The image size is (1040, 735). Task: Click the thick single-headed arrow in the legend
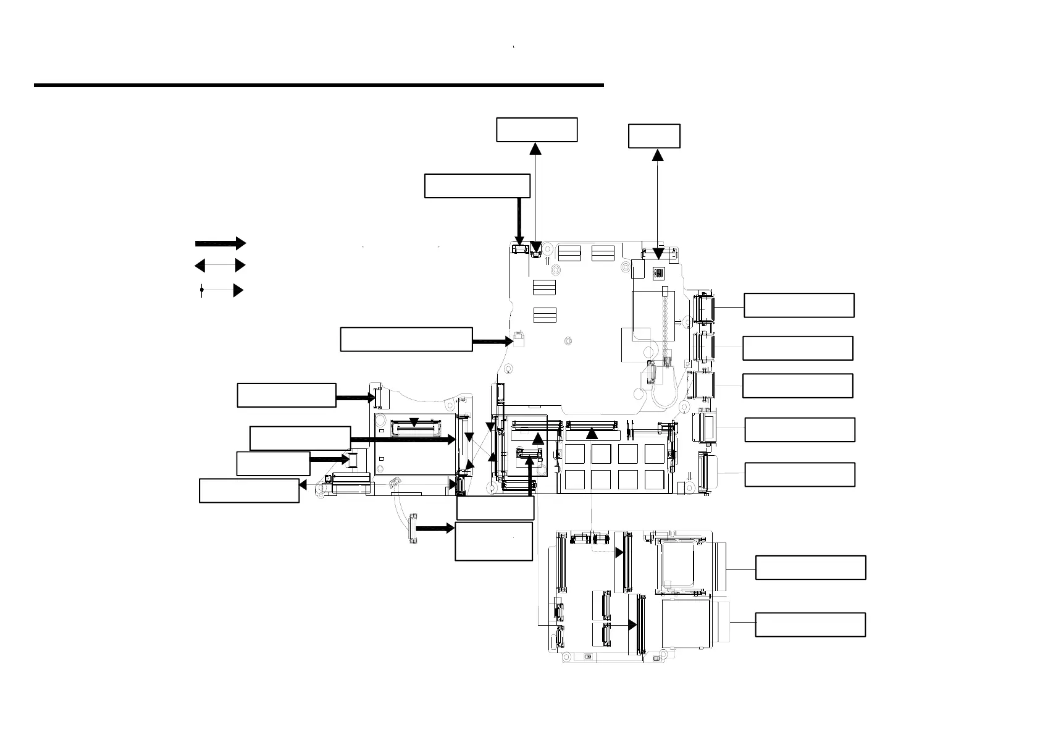220,243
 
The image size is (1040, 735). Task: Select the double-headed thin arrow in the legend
220,266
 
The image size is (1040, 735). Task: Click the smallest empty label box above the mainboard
654,136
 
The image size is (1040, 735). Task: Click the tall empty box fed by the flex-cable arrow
493,541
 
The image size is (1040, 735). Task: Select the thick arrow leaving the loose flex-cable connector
435,529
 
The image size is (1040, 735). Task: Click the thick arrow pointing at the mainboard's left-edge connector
492,340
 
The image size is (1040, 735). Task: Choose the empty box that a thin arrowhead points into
249,490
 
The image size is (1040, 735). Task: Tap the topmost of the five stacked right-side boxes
799,305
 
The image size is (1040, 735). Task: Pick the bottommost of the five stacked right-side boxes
800,474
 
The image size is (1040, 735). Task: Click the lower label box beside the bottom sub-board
810,624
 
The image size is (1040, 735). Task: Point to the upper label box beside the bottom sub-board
810,568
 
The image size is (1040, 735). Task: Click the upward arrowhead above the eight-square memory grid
592,434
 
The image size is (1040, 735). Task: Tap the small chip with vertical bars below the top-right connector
658,272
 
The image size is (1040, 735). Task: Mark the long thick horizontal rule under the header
318,85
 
